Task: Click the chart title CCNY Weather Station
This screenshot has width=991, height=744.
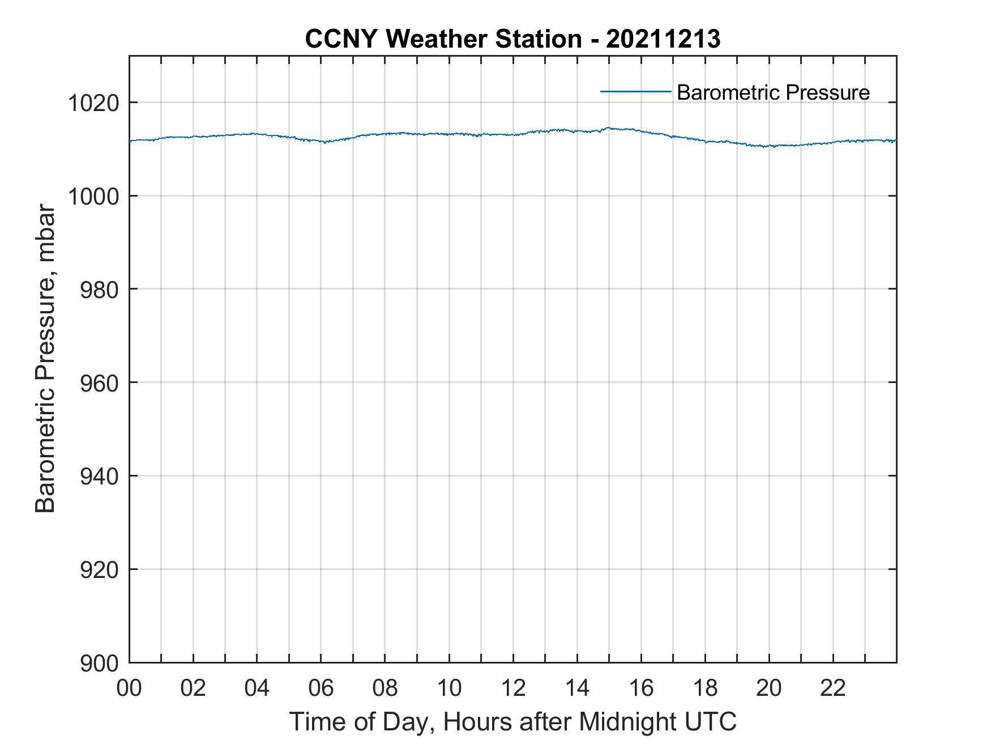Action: click(x=443, y=39)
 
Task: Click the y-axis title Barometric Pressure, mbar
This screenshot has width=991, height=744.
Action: click(x=45, y=359)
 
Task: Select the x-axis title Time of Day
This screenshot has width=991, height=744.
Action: click(x=513, y=721)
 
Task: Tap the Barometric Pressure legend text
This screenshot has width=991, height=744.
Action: click(x=773, y=92)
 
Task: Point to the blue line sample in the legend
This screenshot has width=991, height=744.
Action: click(x=635, y=91)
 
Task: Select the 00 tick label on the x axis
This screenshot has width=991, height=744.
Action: click(x=130, y=688)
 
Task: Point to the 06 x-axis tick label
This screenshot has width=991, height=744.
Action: click(x=321, y=688)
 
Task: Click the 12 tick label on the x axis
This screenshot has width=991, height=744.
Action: click(x=513, y=688)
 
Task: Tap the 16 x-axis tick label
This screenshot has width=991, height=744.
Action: click(x=641, y=688)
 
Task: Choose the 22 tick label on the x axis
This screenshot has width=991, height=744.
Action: click(x=833, y=688)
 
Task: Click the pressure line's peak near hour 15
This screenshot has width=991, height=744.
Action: click(x=609, y=128)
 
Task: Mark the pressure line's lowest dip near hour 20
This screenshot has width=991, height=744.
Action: click(x=766, y=147)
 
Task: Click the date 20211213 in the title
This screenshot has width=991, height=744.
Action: click(x=663, y=39)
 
